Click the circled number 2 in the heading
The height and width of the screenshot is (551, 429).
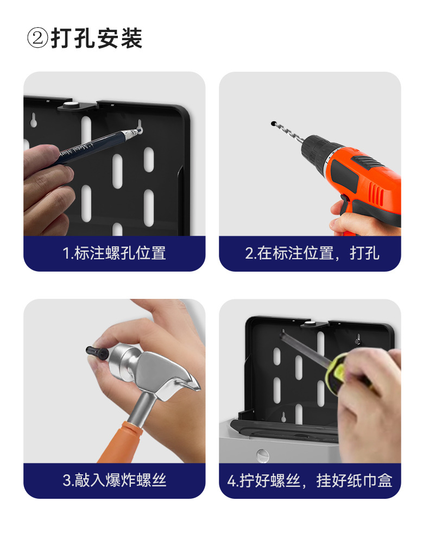pos(37,39)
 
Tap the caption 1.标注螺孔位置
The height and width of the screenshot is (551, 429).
pos(114,253)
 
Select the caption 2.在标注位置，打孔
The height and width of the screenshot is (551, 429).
pos(312,253)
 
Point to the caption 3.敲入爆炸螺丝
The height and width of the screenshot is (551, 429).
pos(114,480)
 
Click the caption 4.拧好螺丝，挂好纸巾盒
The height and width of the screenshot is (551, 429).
pos(310,480)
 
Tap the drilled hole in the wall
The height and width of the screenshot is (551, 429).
pos(273,123)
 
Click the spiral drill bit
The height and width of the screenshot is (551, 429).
pos(288,134)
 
